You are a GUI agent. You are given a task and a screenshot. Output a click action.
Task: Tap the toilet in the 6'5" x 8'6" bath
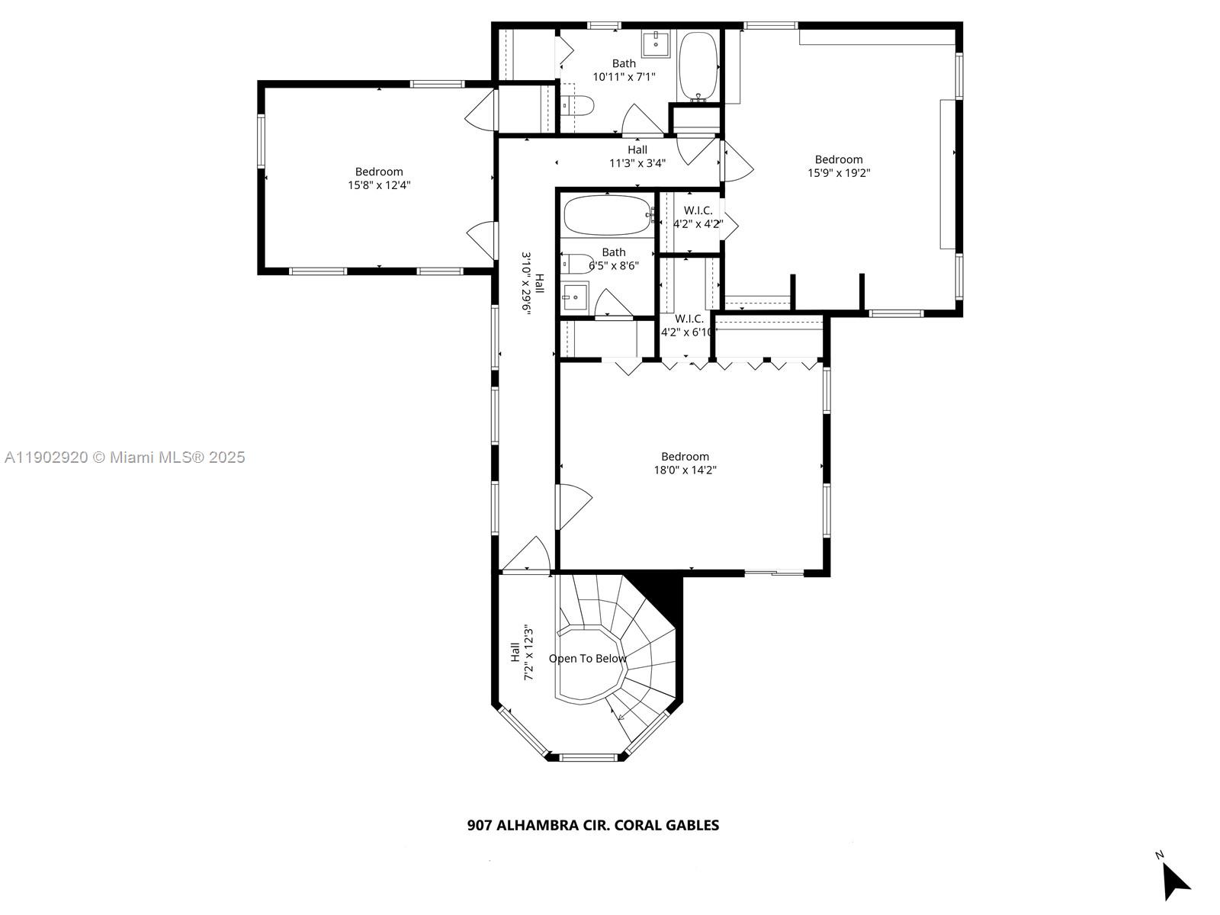[x=576, y=264]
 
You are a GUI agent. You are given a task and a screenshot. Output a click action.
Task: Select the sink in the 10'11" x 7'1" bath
[x=656, y=43]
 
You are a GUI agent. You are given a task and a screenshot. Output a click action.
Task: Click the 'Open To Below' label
[x=587, y=659]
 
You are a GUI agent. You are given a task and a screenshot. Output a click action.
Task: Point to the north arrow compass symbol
[x=1174, y=881]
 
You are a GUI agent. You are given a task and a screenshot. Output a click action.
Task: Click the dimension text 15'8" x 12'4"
[x=379, y=185]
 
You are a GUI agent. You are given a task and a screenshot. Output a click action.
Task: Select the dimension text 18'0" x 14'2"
[x=685, y=470]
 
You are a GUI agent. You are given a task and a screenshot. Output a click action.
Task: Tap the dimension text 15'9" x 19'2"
[x=839, y=172]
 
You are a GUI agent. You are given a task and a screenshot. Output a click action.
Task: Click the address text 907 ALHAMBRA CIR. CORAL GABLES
[x=592, y=825]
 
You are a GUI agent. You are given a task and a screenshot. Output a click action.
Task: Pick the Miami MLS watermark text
[x=124, y=457]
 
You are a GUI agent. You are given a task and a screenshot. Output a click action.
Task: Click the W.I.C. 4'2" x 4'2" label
[x=698, y=217]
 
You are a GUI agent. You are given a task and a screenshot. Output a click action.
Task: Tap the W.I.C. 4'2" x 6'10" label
[x=688, y=325]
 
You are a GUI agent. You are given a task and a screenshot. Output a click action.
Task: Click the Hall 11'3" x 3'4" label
[x=637, y=156]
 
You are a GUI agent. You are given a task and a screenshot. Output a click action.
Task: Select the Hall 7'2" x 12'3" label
[x=521, y=653]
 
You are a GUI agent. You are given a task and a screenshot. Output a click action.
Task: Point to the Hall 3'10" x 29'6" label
[x=532, y=283]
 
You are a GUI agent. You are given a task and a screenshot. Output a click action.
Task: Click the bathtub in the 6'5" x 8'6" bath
[x=608, y=215]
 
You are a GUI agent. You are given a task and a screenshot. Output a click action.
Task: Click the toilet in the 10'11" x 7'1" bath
[x=579, y=106]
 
